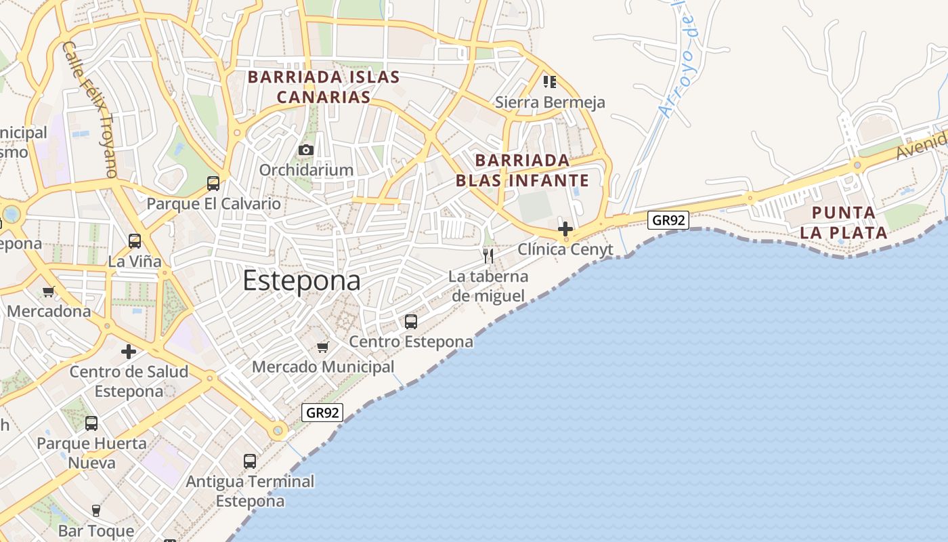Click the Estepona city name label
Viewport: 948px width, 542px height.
[x=301, y=280]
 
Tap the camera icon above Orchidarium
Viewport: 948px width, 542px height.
[x=306, y=150]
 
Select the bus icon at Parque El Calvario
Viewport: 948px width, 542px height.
[x=213, y=183]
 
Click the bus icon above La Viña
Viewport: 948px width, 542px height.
[x=135, y=241]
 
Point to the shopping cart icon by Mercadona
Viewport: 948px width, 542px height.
[x=48, y=292]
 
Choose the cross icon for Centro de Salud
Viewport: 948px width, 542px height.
[x=129, y=352]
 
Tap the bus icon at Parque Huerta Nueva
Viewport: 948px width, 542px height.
[x=91, y=423]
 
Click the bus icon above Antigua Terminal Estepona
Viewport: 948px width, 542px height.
[x=250, y=461]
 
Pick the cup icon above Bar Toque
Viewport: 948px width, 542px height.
[x=96, y=510]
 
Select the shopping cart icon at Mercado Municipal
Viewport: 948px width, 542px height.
[x=322, y=347]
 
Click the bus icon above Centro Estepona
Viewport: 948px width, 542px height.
[x=411, y=322]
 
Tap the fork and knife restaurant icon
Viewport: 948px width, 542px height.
[x=488, y=255]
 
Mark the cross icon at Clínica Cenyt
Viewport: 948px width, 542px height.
[x=565, y=229]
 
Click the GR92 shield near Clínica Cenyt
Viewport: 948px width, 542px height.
[x=668, y=220]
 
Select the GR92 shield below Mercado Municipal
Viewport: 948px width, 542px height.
[x=322, y=412]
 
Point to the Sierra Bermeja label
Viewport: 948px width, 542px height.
[x=550, y=102]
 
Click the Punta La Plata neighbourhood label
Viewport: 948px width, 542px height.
[x=843, y=223]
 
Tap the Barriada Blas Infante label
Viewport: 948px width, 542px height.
[x=522, y=170]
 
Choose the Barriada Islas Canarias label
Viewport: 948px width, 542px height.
[x=324, y=87]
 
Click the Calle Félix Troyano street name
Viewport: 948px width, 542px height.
[x=90, y=109]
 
